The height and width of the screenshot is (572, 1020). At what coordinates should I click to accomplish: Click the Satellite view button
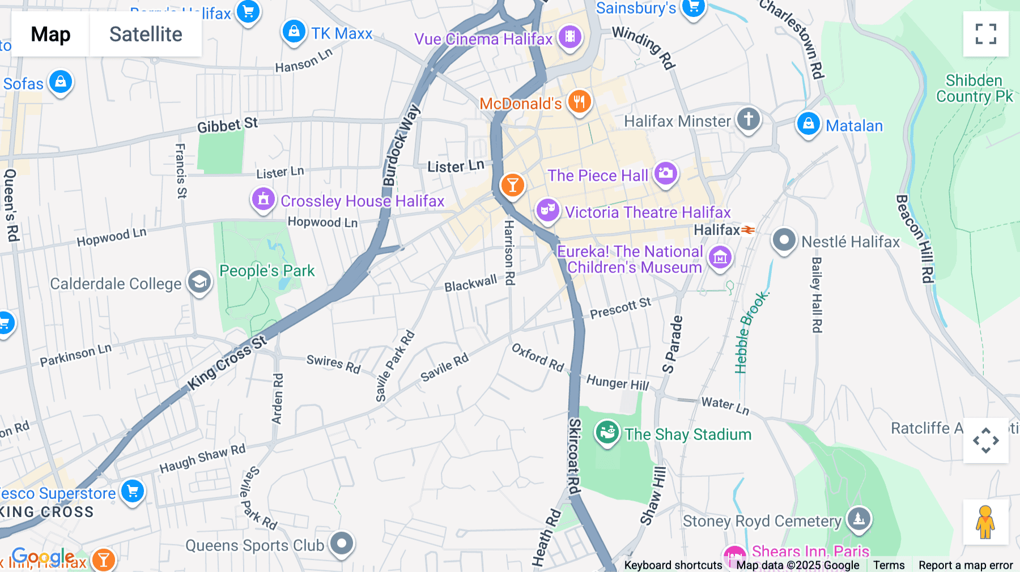(x=146, y=35)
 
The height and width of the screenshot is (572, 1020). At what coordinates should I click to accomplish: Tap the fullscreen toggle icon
(x=985, y=34)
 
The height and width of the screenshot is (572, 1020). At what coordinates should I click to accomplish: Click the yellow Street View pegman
(x=985, y=522)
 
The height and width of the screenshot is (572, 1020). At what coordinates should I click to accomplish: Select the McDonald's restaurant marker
(x=579, y=102)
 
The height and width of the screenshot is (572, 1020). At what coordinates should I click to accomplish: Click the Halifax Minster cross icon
(x=748, y=119)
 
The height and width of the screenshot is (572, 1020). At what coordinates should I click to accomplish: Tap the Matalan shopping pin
(x=808, y=123)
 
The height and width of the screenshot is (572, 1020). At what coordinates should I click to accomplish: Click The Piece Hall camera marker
(x=665, y=173)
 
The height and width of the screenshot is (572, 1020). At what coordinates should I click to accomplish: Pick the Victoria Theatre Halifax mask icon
(x=547, y=210)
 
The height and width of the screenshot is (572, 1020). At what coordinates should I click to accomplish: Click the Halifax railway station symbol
(x=748, y=230)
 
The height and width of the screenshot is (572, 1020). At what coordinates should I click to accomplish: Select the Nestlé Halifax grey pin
(x=784, y=240)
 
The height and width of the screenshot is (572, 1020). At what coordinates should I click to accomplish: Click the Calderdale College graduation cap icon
(x=199, y=281)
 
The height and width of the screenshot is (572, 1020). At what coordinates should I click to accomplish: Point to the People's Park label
(x=267, y=271)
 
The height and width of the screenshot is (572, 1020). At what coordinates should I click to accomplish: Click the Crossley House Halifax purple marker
(x=263, y=199)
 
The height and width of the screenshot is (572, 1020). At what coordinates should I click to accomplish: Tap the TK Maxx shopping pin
(x=294, y=32)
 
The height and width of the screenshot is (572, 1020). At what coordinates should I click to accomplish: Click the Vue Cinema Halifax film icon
(x=569, y=37)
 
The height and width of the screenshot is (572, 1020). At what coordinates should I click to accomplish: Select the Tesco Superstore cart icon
(x=133, y=491)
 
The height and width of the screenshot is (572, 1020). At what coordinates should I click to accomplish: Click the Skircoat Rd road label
(x=575, y=456)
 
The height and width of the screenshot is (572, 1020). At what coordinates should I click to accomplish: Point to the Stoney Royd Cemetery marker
(x=858, y=518)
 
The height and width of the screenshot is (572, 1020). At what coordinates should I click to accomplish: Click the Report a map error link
(x=965, y=565)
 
